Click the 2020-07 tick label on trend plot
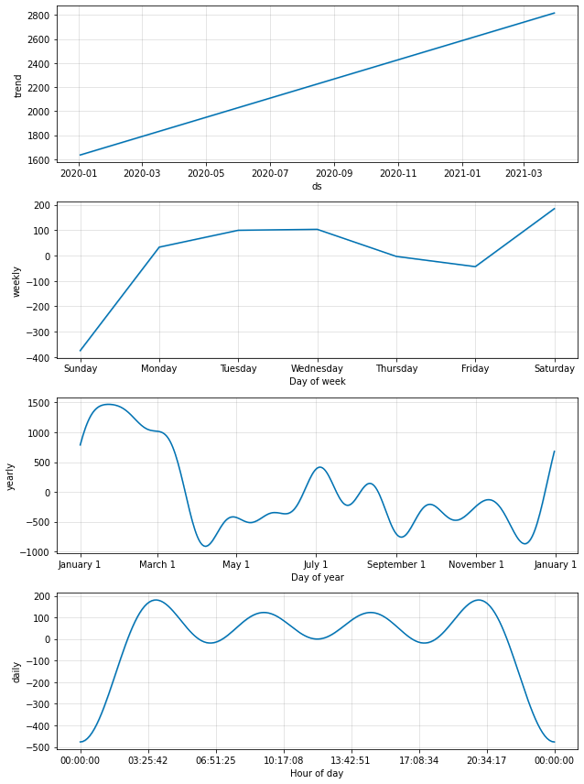[269, 173]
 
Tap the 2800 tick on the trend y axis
[38, 16]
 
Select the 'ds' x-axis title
[317, 186]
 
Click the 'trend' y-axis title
[18, 85]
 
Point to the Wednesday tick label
[318, 369]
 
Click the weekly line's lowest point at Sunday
[81, 351]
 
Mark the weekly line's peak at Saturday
[555, 208]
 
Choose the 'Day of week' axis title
[317, 382]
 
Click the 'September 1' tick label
[396, 565]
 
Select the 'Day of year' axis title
[317, 577]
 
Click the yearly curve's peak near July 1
[319, 467]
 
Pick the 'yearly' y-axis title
[11, 476]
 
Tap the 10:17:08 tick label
[283, 760]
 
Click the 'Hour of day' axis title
[317, 773]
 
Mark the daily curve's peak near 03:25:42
[155, 600]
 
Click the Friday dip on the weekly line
[475, 267]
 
